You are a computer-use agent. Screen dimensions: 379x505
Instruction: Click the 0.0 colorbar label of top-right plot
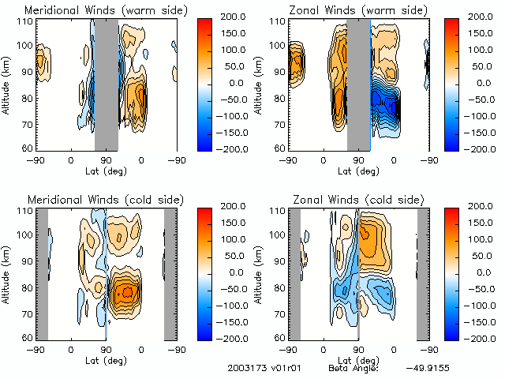click(x=484, y=82)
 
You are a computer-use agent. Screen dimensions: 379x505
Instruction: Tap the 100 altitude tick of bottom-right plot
click(x=276, y=235)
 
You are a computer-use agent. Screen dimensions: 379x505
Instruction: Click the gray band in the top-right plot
click(x=359, y=83)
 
